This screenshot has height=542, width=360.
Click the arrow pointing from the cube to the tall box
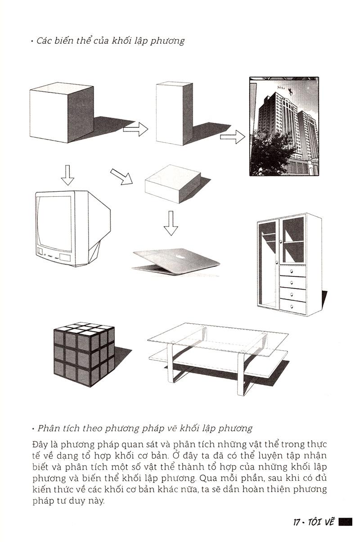tap(135, 129)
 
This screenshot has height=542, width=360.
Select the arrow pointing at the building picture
tap(233, 137)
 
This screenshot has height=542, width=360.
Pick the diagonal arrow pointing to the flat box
tap(121, 177)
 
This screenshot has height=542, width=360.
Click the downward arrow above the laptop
tap(171, 223)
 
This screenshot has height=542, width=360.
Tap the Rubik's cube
tap(84, 354)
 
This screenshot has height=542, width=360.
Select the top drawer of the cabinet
tap(293, 271)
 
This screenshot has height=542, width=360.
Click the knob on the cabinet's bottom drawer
tap(292, 307)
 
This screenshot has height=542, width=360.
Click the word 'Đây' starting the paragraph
tap(40, 444)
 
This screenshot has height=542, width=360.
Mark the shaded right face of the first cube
tap(81, 114)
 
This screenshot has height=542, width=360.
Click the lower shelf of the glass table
tap(218, 363)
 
